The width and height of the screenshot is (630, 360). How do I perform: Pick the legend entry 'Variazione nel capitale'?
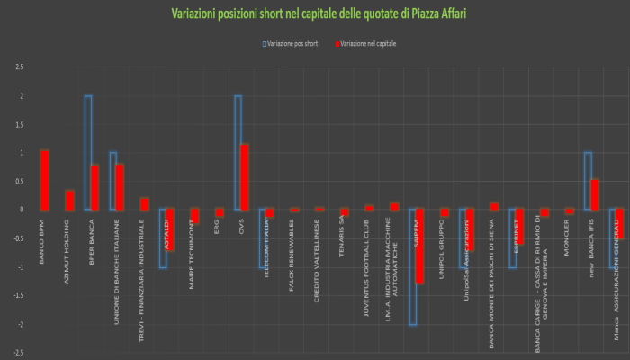pos(368,42)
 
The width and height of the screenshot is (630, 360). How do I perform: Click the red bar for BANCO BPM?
pos(44,180)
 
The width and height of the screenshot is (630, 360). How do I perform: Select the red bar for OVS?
pos(244,176)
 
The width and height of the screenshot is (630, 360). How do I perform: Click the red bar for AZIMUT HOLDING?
pos(69,200)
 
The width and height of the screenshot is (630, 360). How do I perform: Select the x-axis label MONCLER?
pos(566,236)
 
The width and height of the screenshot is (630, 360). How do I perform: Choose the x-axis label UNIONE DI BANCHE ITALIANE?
pos(118,256)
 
